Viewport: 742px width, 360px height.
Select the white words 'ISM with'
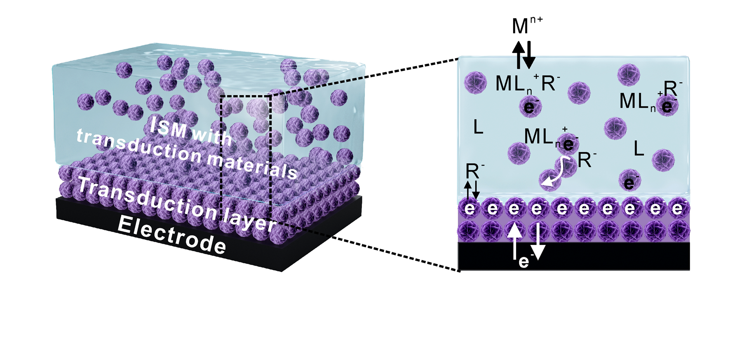[190, 132]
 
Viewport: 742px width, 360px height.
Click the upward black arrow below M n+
[518, 55]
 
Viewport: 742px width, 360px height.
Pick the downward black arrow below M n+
[529, 55]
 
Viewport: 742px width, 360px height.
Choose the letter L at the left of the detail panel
[478, 127]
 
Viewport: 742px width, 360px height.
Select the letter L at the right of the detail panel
[639, 148]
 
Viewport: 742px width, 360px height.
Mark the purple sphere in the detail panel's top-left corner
[475, 82]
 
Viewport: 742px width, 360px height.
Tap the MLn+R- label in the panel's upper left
[527, 84]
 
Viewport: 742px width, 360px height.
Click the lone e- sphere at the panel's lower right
[629, 181]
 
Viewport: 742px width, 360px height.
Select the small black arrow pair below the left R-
[472, 190]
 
